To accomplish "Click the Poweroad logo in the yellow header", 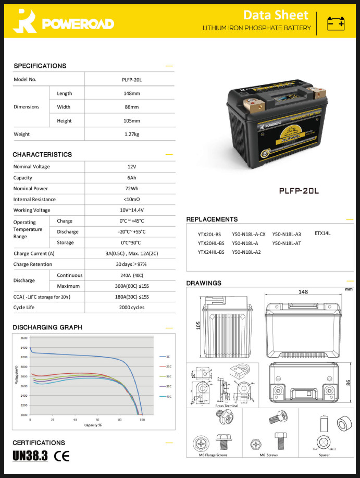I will click(x=63, y=23).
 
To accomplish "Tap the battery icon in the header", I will click(x=336, y=23).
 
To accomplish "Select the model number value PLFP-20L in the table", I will click(x=130, y=80).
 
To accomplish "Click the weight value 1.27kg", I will click(x=130, y=134).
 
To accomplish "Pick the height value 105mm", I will click(x=130, y=120).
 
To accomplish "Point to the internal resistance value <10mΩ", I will click(x=130, y=199).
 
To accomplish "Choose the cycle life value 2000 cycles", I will click(x=130, y=308).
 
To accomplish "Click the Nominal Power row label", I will click(x=31, y=188).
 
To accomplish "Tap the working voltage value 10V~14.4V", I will click(x=130, y=210).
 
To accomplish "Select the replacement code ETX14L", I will click(x=322, y=234).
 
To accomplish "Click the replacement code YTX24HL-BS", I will click(x=211, y=252).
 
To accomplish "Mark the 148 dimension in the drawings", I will click(x=303, y=292).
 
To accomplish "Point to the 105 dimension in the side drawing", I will click(x=197, y=325).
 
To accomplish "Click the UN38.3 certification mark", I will click(x=30, y=456).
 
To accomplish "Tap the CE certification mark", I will click(x=62, y=456).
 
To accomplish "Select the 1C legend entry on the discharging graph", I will click(x=168, y=357).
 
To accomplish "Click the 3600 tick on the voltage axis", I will click(x=24, y=338).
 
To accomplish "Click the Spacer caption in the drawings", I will click(x=325, y=455).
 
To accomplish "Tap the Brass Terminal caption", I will click(x=227, y=406).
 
